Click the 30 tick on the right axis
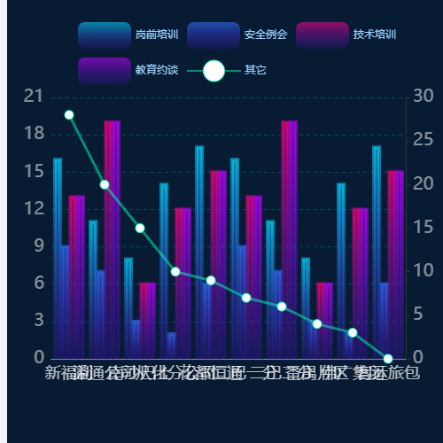pyautogui.click(x=423, y=96)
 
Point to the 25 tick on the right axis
pyautogui.click(x=423, y=140)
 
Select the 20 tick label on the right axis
pyautogui.click(x=423, y=183)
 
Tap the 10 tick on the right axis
pyautogui.click(x=423, y=271)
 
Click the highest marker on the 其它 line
pyautogui.click(x=69, y=114)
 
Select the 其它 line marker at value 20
pyautogui.click(x=105, y=184)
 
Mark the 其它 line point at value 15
pyautogui.click(x=140, y=228)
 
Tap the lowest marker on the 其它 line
pyautogui.click(x=388, y=358)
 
